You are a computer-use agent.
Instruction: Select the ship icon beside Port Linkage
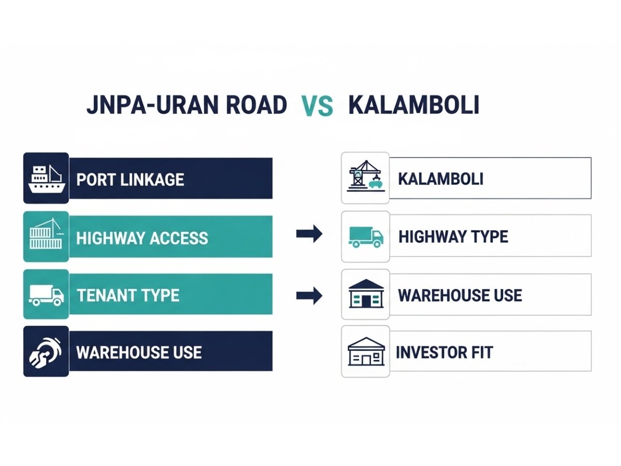click(46, 178)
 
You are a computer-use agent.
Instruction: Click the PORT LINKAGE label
click(130, 180)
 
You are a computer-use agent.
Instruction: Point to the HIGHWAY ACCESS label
click(142, 238)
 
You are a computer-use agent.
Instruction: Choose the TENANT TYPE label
click(128, 296)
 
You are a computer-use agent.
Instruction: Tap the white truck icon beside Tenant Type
click(46, 295)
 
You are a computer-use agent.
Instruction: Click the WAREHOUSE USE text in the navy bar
click(139, 353)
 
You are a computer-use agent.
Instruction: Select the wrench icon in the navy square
click(46, 352)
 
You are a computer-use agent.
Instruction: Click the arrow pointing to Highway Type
click(309, 235)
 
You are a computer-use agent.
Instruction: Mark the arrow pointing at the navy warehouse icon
click(309, 296)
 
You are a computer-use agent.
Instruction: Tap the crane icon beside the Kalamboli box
click(365, 177)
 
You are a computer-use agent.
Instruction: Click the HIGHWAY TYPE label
click(453, 237)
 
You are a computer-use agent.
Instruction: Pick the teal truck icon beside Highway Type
click(366, 237)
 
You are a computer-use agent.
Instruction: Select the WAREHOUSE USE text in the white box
click(460, 296)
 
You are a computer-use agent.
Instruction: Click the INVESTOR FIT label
click(444, 353)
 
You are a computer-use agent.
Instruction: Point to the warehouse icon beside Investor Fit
click(366, 352)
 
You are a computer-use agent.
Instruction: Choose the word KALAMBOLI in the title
click(413, 105)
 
